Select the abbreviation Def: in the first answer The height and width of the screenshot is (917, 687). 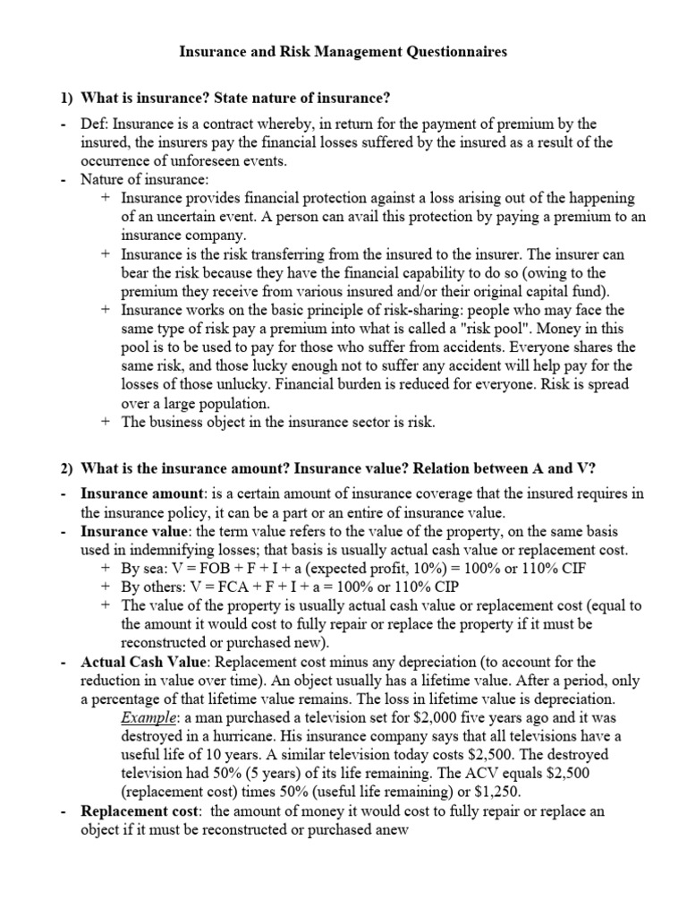click(x=96, y=123)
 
